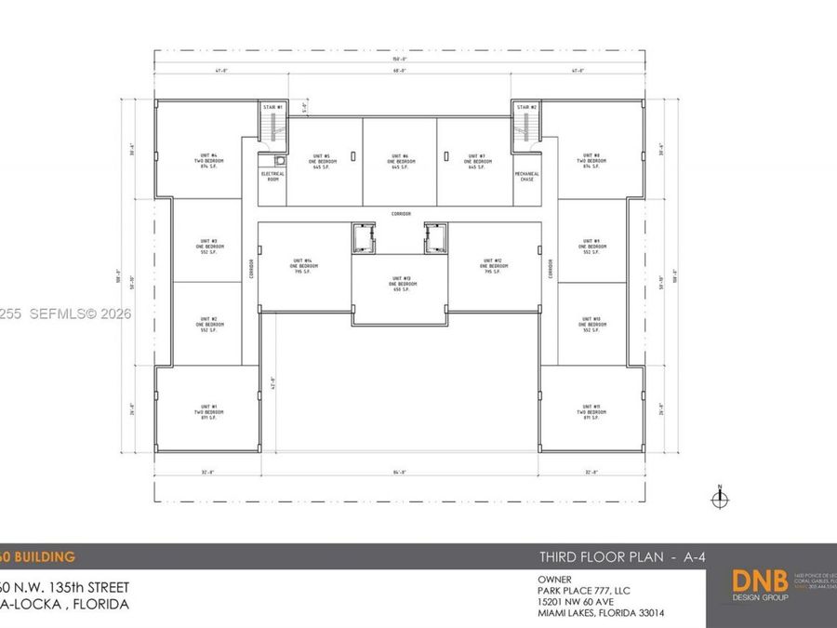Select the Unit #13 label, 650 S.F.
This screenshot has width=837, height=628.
point(401,283)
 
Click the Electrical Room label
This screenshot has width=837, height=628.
point(271,176)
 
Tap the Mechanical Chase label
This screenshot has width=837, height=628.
point(527,176)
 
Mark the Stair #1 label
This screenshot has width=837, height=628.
point(272,108)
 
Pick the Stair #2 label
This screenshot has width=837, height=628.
point(527,108)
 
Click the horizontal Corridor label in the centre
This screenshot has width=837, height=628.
point(401,213)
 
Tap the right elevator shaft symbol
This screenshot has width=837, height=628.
point(435,240)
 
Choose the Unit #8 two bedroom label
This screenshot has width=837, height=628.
point(591,160)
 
